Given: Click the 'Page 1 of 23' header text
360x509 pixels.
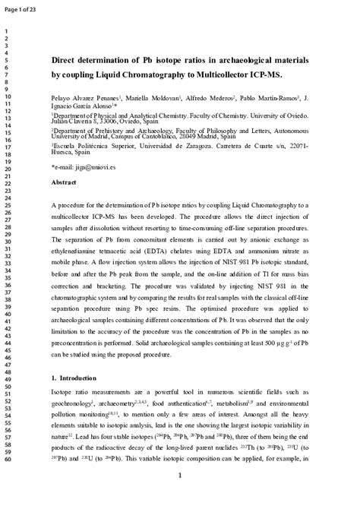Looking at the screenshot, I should (24, 8).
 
